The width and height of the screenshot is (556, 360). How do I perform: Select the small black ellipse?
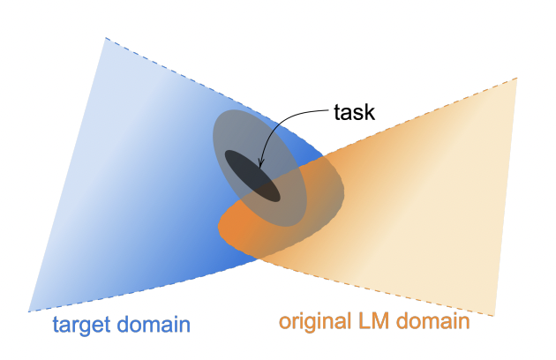point(252,176)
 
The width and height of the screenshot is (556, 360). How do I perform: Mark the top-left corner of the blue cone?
point(105,38)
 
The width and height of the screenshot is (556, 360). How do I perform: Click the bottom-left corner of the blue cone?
point(29,311)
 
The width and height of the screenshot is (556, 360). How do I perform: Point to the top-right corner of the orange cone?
point(516,79)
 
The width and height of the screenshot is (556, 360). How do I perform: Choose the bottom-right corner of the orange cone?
point(495,314)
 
